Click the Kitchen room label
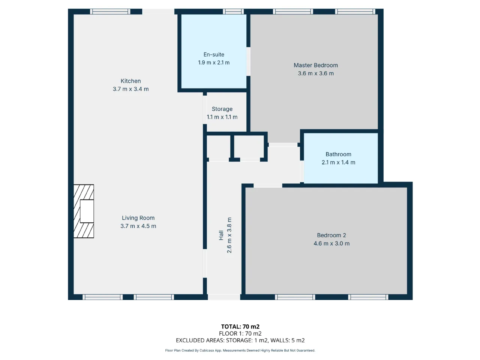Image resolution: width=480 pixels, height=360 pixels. click(130, 81)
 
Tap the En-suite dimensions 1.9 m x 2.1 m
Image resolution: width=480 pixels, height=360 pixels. click(214, 63)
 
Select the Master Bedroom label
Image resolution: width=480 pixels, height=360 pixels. click(315, 65)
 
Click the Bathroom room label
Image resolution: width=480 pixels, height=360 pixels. click(338, 154)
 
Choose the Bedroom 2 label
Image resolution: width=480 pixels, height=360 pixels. click(331, 235)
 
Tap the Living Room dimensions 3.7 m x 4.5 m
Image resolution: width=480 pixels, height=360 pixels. click(138, 226)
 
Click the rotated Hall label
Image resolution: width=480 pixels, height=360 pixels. click(221, 235)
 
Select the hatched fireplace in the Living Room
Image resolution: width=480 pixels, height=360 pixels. click(84, 211)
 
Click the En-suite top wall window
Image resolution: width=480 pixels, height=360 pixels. click(233, 12)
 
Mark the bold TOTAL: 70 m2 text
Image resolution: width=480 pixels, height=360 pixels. click(240, 327)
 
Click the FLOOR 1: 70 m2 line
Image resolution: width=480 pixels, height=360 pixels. click(240, 333)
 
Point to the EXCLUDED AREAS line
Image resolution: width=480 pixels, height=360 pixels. click(240, 340)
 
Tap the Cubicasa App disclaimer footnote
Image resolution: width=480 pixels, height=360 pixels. click(240, 350)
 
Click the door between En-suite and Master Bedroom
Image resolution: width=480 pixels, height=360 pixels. click(248, 61)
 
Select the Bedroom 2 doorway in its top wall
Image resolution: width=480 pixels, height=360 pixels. click(268, 186)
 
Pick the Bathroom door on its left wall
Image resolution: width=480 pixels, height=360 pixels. click(302, 171)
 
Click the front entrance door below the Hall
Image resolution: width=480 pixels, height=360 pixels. click(224, 297)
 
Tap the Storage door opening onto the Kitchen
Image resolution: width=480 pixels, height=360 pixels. click(205, 110)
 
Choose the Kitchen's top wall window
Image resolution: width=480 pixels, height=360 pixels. click(110, 12)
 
